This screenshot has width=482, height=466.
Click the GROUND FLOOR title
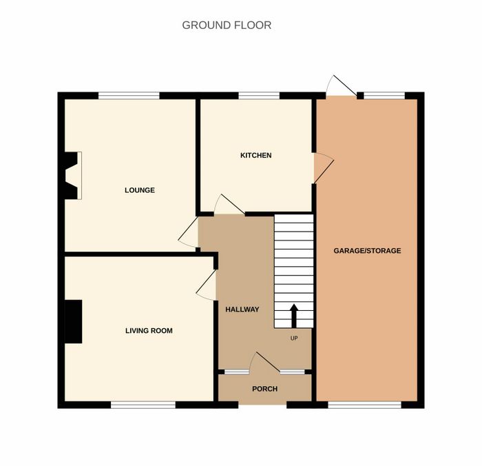coord(227,26)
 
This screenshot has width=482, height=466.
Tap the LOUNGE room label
coord(140,190)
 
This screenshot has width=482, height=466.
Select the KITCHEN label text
coord(255,155)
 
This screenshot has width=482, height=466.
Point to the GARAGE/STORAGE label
coord(367,251)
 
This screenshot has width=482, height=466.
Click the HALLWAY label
coord(242,310)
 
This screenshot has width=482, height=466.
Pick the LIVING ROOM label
coord(149,331)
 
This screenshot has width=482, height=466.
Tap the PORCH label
coord(264,389)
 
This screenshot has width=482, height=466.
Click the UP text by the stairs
coord(294,338)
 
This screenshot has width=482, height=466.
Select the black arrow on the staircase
coord(294,316)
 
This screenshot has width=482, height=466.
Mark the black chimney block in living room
coord(73,321)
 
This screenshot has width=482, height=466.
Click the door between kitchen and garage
coord(323,168)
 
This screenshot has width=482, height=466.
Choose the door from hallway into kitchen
coord(229,204)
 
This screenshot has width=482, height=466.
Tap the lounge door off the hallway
coord(188,232)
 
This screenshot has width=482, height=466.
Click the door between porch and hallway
coord(264,363)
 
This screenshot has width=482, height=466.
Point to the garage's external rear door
coord(342,85)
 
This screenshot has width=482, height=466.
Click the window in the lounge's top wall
coord(129,95)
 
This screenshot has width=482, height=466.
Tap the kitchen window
coord(259,95)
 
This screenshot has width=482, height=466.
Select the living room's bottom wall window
coord(143,405)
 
